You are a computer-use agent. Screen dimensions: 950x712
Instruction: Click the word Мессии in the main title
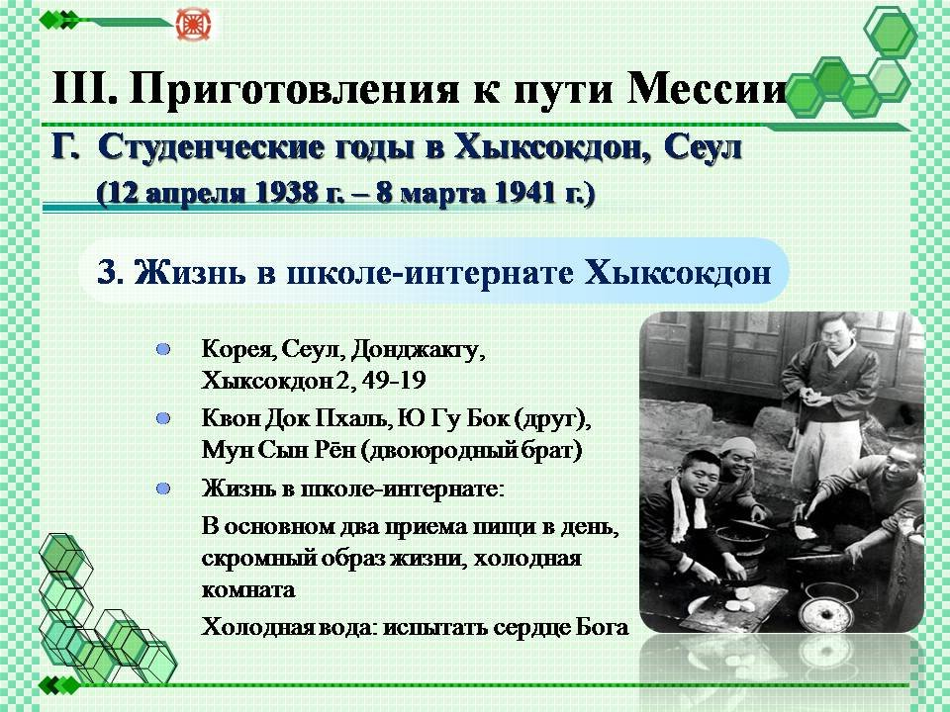(707, 88)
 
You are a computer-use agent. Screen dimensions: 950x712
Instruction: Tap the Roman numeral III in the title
(84, 88)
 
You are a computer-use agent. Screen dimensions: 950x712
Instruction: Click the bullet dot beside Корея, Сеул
(163, 349)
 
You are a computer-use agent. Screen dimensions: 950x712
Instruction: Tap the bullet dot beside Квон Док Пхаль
(163, 418)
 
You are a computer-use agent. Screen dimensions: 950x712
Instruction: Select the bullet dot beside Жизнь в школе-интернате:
(163, 489)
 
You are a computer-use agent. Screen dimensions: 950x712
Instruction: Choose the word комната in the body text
(248, 589)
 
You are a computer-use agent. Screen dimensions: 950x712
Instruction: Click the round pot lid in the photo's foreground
(827, 613)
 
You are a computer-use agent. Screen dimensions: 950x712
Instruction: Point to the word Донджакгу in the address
(418, 350)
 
